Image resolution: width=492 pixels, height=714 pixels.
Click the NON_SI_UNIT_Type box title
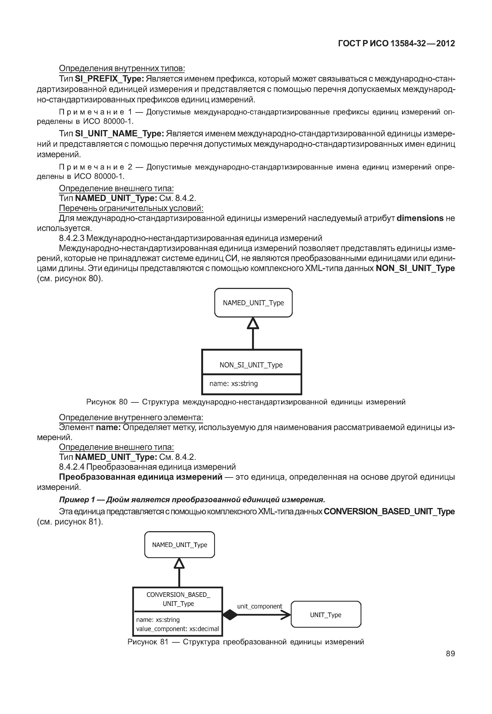point(251,365)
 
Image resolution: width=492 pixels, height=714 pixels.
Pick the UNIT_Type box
point(326,615)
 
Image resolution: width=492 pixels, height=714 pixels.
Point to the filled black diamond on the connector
point(230,615)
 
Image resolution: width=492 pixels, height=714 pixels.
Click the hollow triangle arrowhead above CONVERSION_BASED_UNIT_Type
point(179,563)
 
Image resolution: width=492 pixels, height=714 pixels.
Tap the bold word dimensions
point(420,218)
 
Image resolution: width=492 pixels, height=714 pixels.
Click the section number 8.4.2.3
point(71,238)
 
